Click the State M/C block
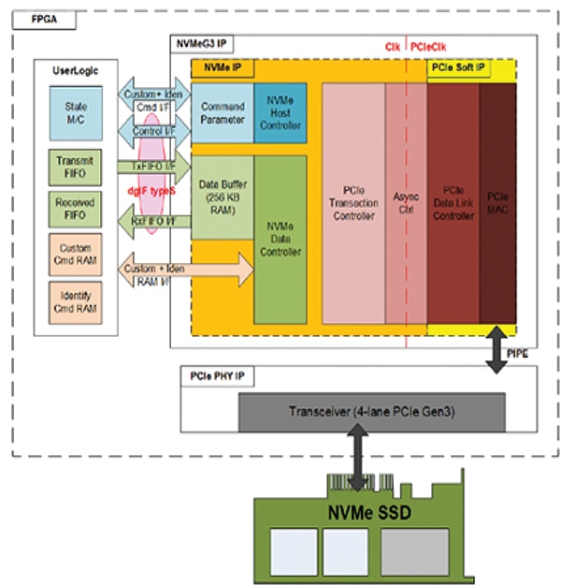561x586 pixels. coord(76,112)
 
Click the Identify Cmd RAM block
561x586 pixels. coord(75,301)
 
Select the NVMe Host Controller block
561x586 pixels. coord(280,112)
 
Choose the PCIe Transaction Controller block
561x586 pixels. coord(353,202)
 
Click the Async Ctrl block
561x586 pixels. coord(406,202)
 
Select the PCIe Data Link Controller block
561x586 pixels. coord(453,202)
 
